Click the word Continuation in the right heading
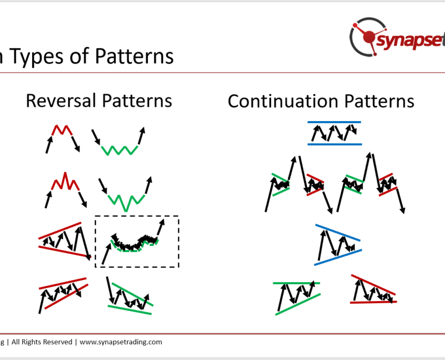point(283,101)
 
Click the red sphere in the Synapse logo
point(369,37)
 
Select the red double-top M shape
point(62,130)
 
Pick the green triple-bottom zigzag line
point(120,151)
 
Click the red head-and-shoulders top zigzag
point(65,181)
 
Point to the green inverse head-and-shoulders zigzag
point(126,203)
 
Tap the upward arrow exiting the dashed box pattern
point(161,227)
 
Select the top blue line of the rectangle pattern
point(334,122)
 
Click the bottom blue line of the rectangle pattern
point(335,144)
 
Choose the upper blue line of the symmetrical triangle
point(338,233)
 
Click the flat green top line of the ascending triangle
point(296,283)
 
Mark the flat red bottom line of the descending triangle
point(373,303)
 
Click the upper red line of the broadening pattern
point(60,231)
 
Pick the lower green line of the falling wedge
point(130,310)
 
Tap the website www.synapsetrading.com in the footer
point(121,342)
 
